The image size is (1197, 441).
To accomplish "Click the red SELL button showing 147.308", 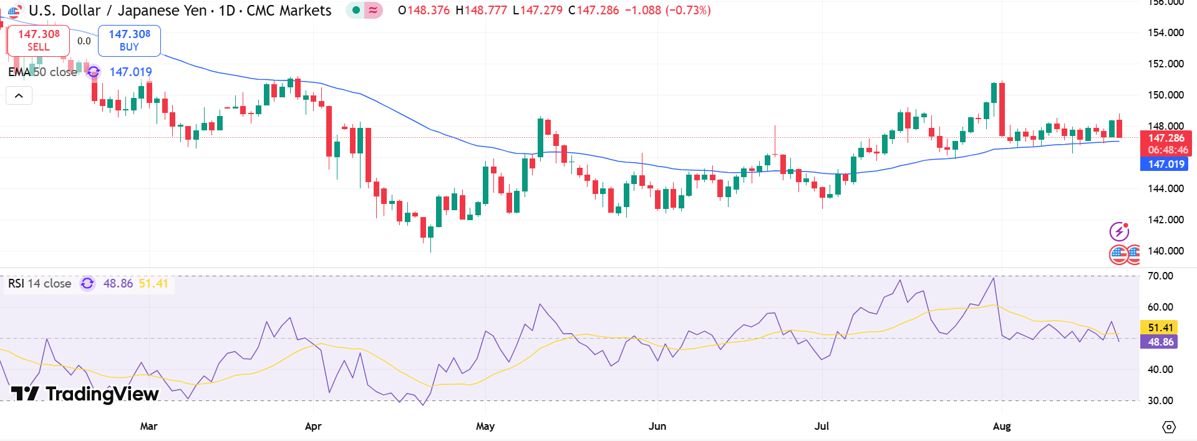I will (x=39, y=41).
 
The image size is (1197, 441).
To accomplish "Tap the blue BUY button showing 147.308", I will (x=129, y=41).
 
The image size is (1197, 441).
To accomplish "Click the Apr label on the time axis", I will (x=313, y=426).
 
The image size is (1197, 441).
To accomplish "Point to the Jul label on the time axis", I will (x=821, y=426).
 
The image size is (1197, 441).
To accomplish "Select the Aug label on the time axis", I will (x=1001, y=426).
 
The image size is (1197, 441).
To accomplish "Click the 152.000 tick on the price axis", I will (x=1165, y=64).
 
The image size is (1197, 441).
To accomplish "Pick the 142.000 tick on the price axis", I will (x=1165, y=220).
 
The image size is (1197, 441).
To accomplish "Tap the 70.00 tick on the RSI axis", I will (x=1160, y=276).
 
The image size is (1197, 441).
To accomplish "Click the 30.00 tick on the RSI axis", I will (x=1160, y=400).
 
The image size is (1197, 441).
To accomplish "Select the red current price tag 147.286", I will (x=1166, y=138).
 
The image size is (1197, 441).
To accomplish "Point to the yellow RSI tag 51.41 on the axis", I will (x=1160, y=327).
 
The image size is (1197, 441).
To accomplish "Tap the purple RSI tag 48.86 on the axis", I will (x=1160, y=342).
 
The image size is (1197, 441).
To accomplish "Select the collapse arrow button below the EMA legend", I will (x=19, y=95).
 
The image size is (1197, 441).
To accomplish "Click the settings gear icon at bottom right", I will (x=1169, y=427).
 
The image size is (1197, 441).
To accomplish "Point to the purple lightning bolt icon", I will (x=1119, y=232).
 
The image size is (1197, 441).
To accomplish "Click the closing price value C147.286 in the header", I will (x=594, y=10).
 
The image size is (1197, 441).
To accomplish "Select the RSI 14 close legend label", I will (x=40, y=284).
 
